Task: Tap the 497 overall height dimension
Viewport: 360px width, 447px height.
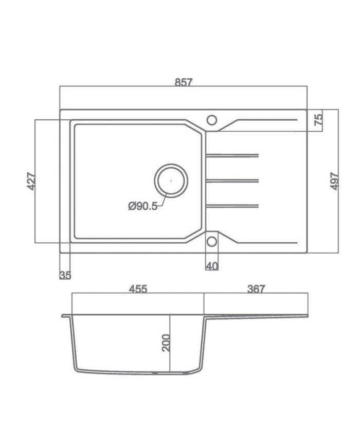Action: click(x=334, y=181)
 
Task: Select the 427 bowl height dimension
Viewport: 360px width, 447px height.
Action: click(x=31, y=181)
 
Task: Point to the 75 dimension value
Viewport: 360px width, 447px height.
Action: click(x=318, y=120)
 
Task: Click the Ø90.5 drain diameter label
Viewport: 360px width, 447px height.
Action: click(x=142, y=206)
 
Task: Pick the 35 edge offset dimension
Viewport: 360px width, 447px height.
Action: click(x=65, y=275)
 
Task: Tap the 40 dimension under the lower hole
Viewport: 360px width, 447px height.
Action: click(x=212, y=266)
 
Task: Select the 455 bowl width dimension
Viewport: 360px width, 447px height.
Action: click(x=138, y=289)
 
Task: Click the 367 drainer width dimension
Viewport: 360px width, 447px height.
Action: click(x=256, y=289)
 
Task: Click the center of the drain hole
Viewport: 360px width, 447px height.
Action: click(x=171, y=181)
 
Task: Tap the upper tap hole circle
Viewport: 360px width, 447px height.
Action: click(x=212, y=120)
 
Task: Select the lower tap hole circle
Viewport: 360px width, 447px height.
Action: click(x=212, y=241)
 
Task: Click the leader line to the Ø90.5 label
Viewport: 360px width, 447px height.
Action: click(x=161, y=202)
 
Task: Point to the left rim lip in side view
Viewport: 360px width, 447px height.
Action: click(x=65, y=316)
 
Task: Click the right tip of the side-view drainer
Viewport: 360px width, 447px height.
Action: click(x=308, y=315)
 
